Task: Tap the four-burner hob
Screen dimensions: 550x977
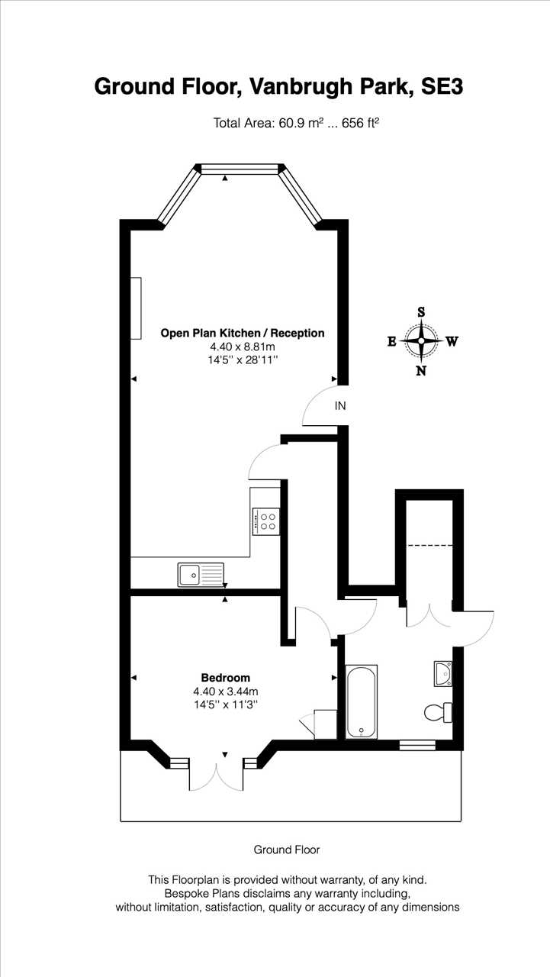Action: (266, 521)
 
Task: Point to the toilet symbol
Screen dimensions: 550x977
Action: (438, 713)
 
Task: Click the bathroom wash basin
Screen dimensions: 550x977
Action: (442, 673)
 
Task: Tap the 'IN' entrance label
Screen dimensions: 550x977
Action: (340, 406)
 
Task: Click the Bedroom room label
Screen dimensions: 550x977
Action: (225, 678)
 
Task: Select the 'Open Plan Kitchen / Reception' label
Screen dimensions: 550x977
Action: (243, 334)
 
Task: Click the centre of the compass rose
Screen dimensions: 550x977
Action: (421, 341)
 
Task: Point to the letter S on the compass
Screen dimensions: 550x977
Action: (421, 312)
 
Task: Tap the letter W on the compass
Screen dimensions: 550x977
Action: (452, 341)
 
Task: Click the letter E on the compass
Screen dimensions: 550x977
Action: (392, 341)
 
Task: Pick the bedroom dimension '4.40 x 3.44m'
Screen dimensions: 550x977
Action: (225, 692)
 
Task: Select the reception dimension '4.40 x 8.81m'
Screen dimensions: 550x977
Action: (243, 347)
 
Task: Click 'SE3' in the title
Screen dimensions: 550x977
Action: (441, 86)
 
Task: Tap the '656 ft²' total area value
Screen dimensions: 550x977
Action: (360, 123)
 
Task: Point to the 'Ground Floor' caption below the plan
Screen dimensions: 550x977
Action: (286, 850)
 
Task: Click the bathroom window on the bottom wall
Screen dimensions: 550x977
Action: (417, 745)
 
